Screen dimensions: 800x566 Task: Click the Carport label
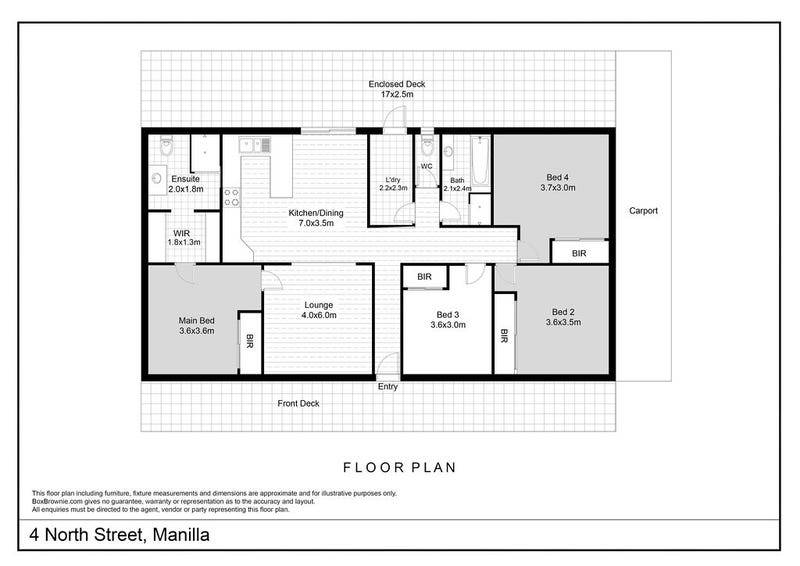[643, 211]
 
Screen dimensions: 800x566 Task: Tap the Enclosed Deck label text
[396, 84]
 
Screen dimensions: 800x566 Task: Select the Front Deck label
[298, 403]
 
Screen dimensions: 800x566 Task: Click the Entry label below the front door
[388, 387]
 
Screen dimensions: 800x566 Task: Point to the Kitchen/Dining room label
[316, 213]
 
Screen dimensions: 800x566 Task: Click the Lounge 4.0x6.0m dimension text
[319, 315]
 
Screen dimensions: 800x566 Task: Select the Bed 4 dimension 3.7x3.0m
[558, 188]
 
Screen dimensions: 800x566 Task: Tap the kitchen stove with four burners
[232, 198]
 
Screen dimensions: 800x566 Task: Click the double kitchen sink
[255, 145]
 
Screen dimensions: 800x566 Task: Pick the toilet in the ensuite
[166, 146]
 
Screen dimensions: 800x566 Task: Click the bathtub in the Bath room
[480, 161]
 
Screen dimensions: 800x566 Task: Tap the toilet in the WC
[427, 146]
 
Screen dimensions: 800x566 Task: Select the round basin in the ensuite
[157, 178]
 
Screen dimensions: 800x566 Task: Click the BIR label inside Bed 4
[579, 253]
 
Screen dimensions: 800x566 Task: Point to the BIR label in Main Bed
[249, 341]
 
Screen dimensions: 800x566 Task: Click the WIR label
[182, 233]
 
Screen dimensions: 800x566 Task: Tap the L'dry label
[393, 180]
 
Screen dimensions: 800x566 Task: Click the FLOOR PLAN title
[399, 467]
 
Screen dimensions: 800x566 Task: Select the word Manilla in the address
[181, 535]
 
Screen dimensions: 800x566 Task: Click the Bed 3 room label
[448, 315]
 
